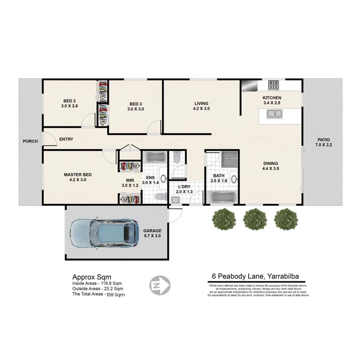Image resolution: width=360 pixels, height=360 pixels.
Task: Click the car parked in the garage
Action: click(x=104, y=234)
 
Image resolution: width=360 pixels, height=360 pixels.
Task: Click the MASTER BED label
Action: click(x=78, y=177)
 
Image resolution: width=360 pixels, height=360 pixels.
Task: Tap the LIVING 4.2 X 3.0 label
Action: click(x=202, y=106)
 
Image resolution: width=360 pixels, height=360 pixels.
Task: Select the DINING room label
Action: click(x=270, y=166)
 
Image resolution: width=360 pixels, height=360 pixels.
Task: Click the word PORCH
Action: click(x=30, y=141)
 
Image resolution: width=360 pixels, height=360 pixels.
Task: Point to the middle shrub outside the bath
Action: click(x=255, y=219)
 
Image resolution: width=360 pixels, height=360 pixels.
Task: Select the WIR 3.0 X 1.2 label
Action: click(x=130, y=183)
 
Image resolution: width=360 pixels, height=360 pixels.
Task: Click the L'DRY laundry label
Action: click(x=184, y=189)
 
